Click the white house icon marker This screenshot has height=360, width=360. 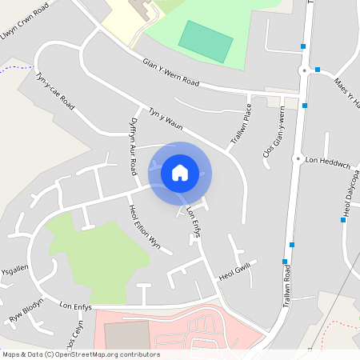tap(180, 172)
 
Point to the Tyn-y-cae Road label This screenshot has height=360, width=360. tap(55, 91)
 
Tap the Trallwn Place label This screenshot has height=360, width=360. tap(241, 122)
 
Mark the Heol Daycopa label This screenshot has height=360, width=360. tap(350, 193)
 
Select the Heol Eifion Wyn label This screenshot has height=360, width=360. tap(145, 227)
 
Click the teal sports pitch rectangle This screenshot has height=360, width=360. tap(205, 41)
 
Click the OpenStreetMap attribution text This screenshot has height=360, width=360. tap(81, 354)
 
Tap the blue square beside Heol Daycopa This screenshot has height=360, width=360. tap(342, 219)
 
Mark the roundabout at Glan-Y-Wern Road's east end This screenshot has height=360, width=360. tap(304, 70)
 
